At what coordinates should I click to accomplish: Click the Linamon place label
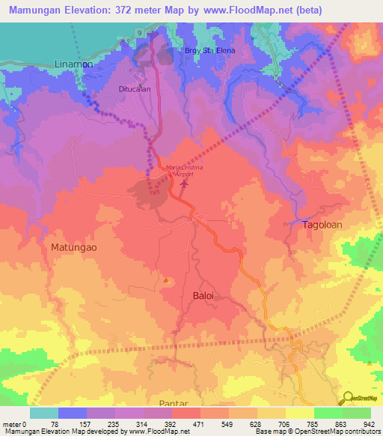click(74, 65)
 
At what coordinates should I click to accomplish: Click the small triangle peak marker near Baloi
click(165, 280)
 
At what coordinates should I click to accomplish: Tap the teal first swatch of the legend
click(44, 413)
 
